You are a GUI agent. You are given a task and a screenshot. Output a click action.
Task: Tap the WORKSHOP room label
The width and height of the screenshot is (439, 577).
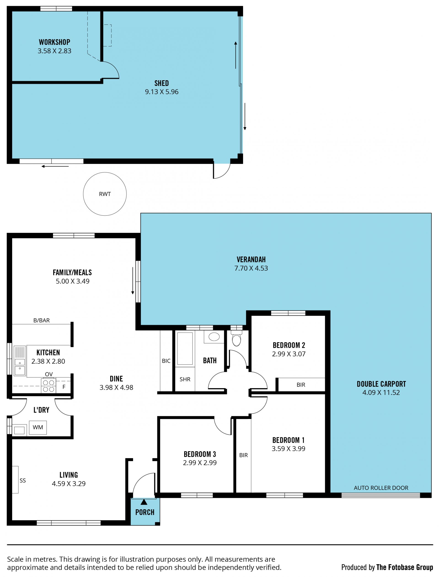[54, 42]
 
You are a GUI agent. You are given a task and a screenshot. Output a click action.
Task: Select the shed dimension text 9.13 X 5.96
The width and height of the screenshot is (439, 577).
[162, 92]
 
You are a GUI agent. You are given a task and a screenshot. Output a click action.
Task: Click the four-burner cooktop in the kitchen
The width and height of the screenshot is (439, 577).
[48, 386]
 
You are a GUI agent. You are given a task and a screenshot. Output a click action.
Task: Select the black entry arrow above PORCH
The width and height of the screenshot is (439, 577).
[144, 502]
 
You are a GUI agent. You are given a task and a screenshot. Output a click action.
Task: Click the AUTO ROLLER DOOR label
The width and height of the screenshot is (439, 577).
[381, 488]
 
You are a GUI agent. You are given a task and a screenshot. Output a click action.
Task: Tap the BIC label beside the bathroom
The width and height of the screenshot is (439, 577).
[166, 361]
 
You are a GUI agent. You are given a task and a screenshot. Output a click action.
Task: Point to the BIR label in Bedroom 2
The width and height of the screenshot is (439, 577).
[301, 385]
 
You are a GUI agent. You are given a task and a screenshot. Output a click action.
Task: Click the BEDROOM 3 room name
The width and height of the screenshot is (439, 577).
[200, 454]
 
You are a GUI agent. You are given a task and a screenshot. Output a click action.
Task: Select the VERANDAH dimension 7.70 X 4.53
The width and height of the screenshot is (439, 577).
[251, 268]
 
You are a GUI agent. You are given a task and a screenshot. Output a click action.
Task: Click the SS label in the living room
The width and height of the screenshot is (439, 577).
[23, 480]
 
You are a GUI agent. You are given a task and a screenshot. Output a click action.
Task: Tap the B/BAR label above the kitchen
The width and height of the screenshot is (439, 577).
[42, 320]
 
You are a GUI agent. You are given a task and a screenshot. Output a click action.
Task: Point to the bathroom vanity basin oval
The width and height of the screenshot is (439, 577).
[214, 337]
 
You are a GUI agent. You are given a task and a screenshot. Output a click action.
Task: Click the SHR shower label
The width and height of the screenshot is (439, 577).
[185, 379]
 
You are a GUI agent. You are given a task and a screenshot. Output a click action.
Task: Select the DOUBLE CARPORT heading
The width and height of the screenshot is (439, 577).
[381, 384]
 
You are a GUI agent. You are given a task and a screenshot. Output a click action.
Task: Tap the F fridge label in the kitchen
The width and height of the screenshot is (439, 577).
[64, 387]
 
